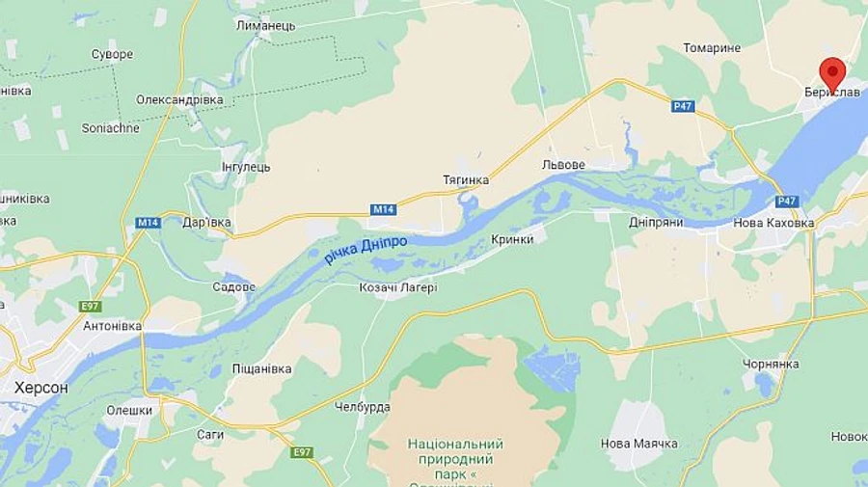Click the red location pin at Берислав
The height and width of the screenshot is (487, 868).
(832, 73)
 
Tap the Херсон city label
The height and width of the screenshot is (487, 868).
(41, 387)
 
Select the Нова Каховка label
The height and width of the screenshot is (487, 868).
(774, 223)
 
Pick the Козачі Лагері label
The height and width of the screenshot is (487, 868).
(397, 286)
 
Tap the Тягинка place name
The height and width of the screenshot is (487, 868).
(465, 180)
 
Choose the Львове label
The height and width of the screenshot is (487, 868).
(563, 165)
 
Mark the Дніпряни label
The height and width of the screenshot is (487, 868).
(656, 223)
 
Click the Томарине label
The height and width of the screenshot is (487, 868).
(712, 48)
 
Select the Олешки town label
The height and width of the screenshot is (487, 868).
(129, 410)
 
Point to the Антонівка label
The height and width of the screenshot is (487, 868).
(112, 326)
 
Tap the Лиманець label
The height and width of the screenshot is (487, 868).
(265, 26)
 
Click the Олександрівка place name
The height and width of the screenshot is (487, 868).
(179, 99)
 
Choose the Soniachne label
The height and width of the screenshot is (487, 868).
(110, 127)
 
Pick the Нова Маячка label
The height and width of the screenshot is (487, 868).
(638, 444)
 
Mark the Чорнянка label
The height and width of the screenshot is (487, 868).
(771, 364)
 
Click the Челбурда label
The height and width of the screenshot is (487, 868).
(362, 407)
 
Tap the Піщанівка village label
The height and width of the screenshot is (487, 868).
(261, 368)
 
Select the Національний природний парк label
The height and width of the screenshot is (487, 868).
(456, 459)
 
